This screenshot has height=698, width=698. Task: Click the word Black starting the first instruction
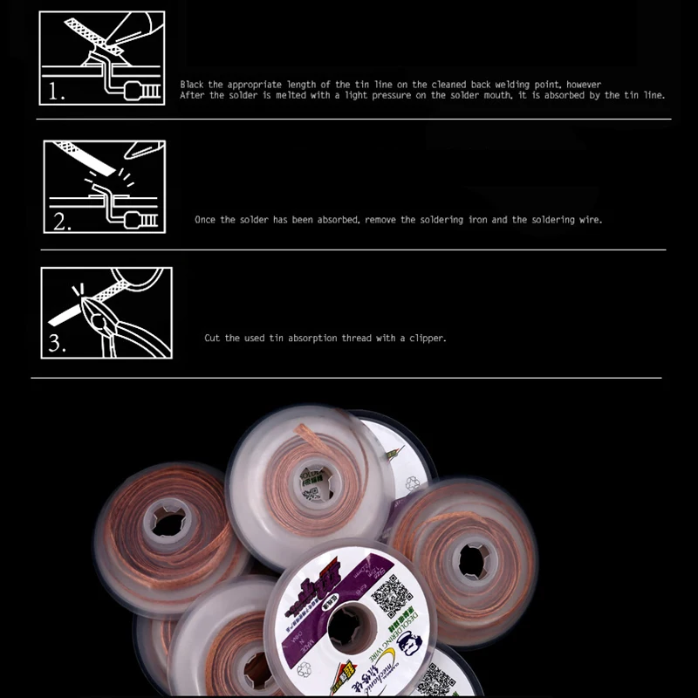tap(193, 85)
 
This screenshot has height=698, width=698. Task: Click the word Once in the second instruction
tap(205, 220)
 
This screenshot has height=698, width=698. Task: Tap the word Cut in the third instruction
tap(212, 338)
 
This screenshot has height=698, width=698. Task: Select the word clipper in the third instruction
tap(428, 338)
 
